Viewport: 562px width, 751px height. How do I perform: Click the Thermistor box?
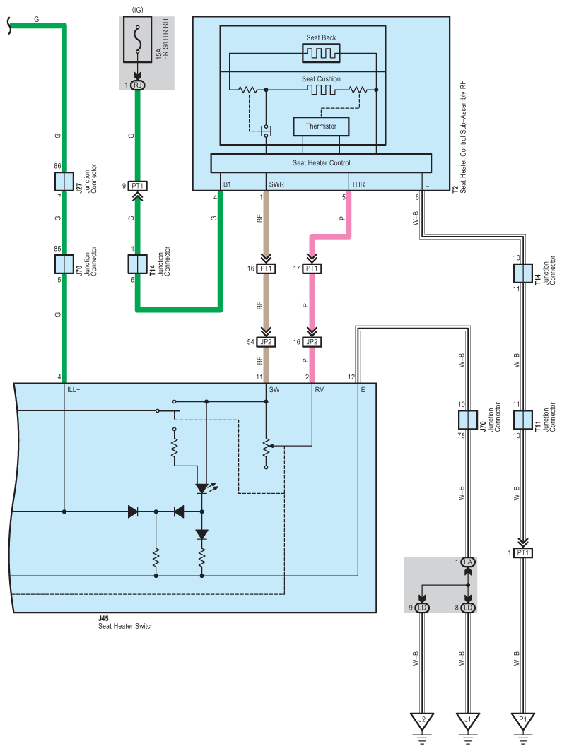[321, 126]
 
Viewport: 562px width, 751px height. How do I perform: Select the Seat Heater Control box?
[321, 163]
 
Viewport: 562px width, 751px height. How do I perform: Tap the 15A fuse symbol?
[138, 40]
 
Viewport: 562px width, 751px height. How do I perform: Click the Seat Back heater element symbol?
[321, 53]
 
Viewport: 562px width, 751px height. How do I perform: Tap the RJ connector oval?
[138, 85]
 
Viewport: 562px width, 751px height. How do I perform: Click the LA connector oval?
[468, 562]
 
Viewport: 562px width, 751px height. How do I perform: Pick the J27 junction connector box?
[64, 182]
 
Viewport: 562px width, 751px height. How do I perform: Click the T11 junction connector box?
[523, 420]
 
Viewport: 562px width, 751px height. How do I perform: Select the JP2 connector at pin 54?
[266, 342]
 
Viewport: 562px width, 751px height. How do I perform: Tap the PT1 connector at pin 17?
[312, 268]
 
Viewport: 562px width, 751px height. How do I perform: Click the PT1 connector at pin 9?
[138, 186]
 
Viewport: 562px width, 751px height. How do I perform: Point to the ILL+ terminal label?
[74, 390]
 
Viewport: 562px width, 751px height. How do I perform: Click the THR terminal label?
[358, 184]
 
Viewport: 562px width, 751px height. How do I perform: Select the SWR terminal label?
[276, 184]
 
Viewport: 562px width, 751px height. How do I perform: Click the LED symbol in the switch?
[203, 488]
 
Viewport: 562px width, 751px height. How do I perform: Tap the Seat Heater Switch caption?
[126, 626]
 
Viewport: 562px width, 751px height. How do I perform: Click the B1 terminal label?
[227, 184]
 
